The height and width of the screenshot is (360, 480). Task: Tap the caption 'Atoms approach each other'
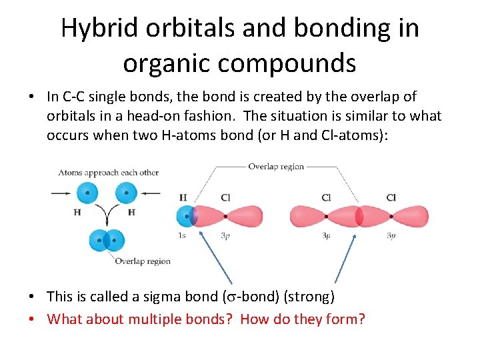108,173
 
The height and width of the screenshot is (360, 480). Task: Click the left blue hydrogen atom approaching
87,193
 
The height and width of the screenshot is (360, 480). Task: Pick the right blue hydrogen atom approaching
126,193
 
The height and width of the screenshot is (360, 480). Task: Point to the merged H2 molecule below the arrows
107,239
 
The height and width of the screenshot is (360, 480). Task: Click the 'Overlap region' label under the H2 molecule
142,261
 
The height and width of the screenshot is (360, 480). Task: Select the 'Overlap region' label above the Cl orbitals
276,167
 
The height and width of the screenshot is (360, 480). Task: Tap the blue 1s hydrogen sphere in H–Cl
185,216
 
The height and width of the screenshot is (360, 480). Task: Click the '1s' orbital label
182,236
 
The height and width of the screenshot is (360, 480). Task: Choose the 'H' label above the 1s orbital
183,197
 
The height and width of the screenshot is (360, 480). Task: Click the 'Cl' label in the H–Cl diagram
225,197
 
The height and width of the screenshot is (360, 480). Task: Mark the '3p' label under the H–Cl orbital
225,236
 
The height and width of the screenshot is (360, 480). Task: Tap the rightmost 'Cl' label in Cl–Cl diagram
391,197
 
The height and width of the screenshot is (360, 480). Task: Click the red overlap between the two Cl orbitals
359,216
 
